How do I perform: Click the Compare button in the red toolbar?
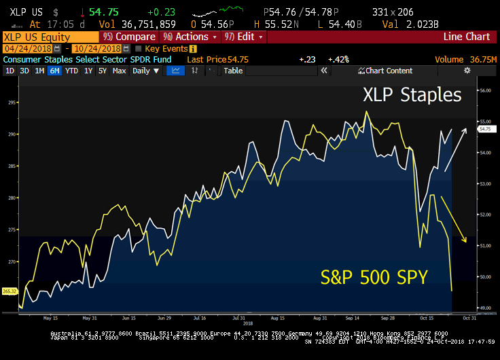pyautogui.click(x=131, y=37)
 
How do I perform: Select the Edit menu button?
pyautogui.click(x=245, y=37)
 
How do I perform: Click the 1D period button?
pyautogui.click(x=10, y=71)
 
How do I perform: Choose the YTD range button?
pyautogui.click(x=71, y=71)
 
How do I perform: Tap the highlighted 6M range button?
pyautogui.click(x=54, y=71)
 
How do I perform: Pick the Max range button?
pyautogui.click(x=119, y=71)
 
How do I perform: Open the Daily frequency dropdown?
pyautogui.click(x=145, y=71)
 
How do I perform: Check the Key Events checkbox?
pyautogui.click(x=139, y=49)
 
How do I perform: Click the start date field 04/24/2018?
pyautogui.click(x=27, y=49)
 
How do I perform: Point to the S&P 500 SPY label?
pyautogui.click(x=374, y=277)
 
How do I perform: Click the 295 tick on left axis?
pyautogui.click(x=12, y=103)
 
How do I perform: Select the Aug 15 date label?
pyautogui.click(x=277, y=317)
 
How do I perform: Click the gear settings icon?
pyautogui.click(x=467, y=71)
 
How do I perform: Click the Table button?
pyautogui.click(x=233, y=71)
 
